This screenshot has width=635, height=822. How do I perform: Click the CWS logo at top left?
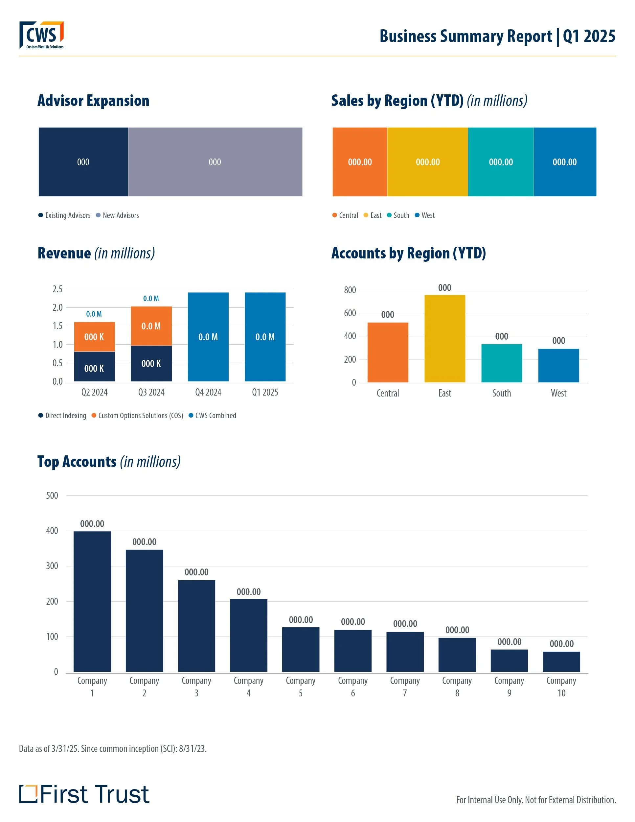tap(41, 35)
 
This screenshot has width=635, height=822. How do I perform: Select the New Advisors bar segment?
tap(215, 162)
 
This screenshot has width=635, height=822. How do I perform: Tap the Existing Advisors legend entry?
tap(64, 215)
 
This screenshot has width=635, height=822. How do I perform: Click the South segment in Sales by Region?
tap(500, 162)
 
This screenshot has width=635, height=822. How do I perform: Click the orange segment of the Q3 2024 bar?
tap(151, 326)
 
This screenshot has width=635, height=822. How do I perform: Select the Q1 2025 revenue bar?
tap(265, 337)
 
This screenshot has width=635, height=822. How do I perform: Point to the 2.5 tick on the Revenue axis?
tap(57, 289)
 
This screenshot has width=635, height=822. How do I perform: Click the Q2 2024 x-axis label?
tap(94, 392)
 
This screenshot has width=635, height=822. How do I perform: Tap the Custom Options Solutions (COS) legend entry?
tap(137, 416)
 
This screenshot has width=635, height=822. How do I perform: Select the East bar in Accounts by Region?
tap(444, 339)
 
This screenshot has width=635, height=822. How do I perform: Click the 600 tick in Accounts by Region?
tap(350, 313)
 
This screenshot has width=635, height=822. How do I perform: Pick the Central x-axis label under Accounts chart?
tap(388, 393)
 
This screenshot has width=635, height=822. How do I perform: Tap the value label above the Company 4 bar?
tap(248, 592)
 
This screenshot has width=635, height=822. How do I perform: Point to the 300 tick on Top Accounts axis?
tap(52, 566)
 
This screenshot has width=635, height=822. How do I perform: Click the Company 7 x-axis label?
tap(405, 687)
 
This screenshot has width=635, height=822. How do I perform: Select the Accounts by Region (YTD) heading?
tap(408, 253)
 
